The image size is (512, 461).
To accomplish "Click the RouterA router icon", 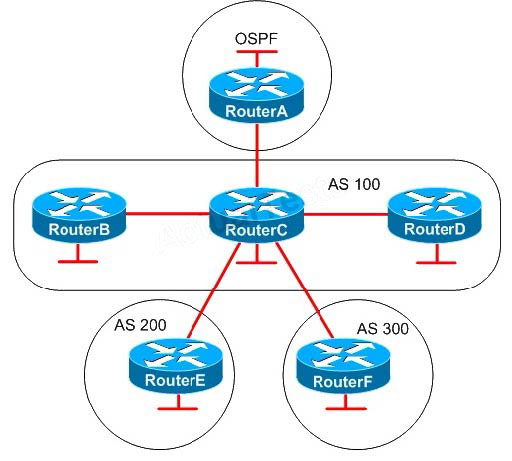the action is (257, 95).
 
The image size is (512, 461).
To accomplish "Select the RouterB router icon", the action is (79, 214).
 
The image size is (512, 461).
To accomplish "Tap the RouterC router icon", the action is (257, 215).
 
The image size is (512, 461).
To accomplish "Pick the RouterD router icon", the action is (435, 214).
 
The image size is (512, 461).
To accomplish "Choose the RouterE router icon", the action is (175, 366).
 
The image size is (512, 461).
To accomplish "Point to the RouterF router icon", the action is (343, 366).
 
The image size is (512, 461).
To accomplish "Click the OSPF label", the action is (256, 39).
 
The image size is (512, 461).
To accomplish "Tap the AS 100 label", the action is (354, 184).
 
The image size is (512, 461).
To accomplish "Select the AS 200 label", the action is (140, 325).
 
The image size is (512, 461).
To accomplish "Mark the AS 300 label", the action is (383, 329).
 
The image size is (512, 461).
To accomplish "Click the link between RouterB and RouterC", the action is (168, 214).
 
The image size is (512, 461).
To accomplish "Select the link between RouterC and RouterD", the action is (346, 214).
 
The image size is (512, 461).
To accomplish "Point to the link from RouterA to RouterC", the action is (257, 155).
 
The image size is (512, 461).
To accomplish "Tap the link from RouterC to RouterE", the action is (214, 291).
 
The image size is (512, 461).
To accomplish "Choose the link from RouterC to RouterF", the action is (304, 290).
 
